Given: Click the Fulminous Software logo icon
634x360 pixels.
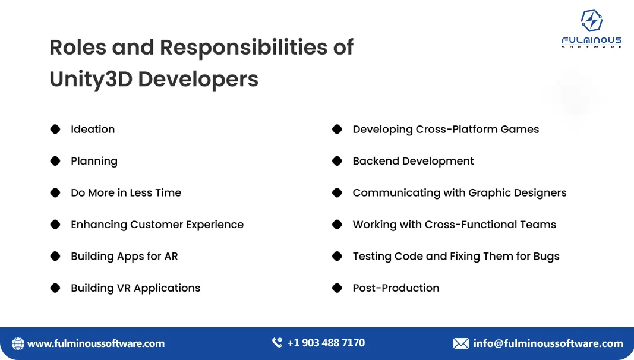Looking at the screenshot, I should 591,21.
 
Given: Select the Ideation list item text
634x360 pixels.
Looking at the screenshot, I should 93,130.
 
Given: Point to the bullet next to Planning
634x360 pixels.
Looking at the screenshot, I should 55,161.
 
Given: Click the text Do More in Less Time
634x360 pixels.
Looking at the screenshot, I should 126,193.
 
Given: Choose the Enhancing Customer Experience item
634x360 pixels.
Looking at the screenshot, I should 157,225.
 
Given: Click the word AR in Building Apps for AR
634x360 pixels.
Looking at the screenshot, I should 171,257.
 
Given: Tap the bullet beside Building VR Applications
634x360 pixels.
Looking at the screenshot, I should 55,288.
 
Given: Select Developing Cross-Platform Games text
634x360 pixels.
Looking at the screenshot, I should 446,130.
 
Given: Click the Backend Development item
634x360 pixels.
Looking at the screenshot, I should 413,161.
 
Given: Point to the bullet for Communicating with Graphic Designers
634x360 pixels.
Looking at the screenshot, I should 337,193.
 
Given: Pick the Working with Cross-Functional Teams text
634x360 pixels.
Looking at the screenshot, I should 454,225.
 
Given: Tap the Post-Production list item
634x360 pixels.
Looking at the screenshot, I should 396,288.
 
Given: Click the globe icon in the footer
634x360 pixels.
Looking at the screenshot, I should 18,343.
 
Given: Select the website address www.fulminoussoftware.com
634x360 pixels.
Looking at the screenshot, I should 96,343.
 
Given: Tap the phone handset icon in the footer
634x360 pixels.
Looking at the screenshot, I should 277,343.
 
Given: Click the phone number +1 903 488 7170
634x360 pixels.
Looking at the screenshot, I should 326,343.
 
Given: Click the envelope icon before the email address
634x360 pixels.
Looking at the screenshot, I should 460,343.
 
